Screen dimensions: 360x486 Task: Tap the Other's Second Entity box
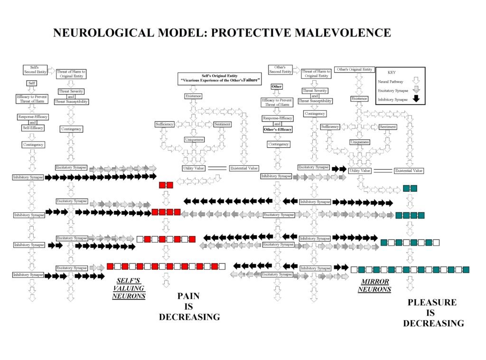coord(280,69)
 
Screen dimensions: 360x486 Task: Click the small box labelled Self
coord(32,83)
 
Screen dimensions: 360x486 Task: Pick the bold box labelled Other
coord(276,86)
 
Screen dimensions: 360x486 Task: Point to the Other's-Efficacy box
coord(277,129)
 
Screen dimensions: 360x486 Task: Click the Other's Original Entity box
coord(354,69)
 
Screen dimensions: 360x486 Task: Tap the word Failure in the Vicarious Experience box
coord(251,81)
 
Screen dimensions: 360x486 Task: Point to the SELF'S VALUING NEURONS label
coord(129,288)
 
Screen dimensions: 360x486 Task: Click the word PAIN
coord(188,296)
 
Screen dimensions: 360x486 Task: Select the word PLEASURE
coord(432,302)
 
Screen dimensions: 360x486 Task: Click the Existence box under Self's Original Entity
coord(193,96)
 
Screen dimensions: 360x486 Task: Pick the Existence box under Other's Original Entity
coord(359,98)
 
